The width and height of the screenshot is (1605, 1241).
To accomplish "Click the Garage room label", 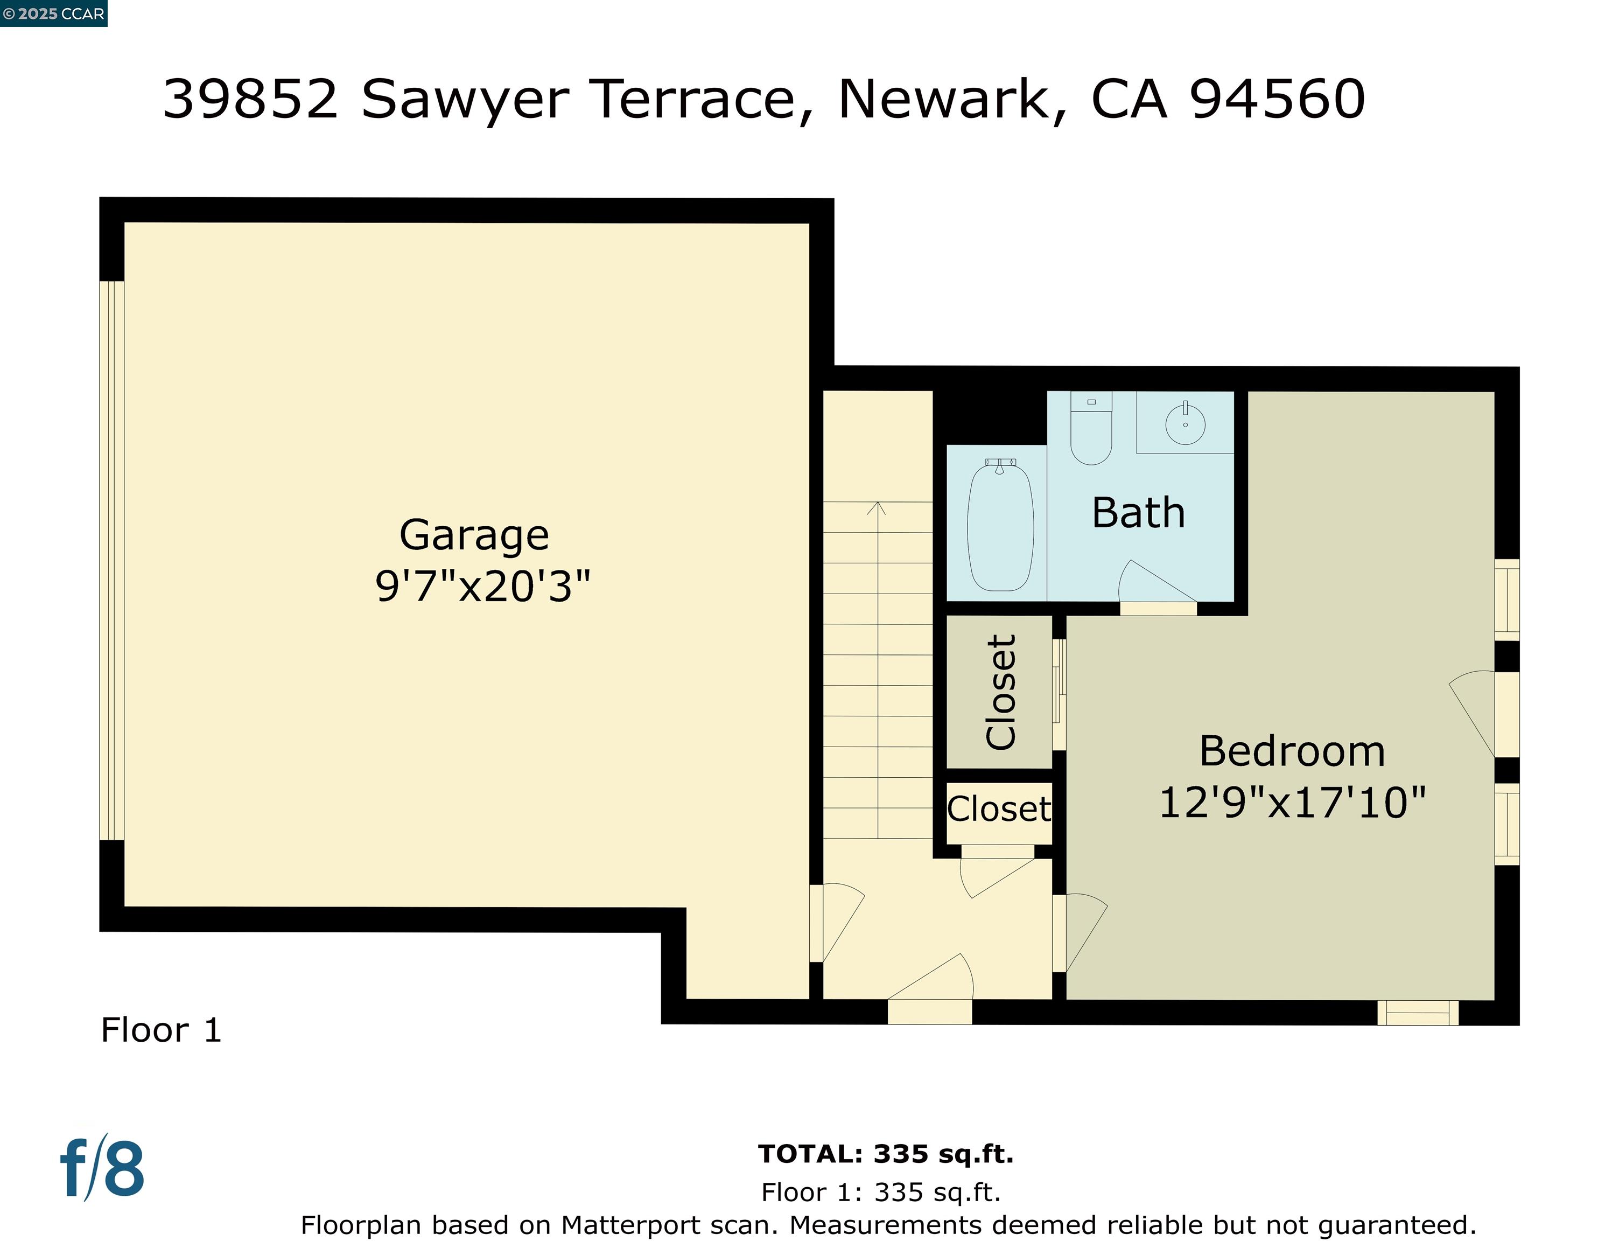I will tap(474, 535).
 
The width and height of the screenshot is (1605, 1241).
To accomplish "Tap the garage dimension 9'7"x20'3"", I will tap(483, 587).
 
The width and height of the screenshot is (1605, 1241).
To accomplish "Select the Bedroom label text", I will tap(1292, 751).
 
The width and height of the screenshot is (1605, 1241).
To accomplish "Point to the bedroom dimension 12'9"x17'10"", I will tap(1293, 802).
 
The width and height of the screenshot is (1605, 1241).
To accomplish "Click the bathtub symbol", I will tap(1000, 526).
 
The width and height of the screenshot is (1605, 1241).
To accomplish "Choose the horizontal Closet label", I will tap(999, 810).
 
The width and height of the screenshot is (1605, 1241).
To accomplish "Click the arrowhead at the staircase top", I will tap(877, 507).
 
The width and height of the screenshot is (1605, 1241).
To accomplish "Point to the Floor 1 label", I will tap(161, 1030).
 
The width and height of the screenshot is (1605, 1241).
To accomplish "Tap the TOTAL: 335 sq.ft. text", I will tap(886, 1154).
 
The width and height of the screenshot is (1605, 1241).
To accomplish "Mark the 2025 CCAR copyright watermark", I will tap(54, 13).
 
